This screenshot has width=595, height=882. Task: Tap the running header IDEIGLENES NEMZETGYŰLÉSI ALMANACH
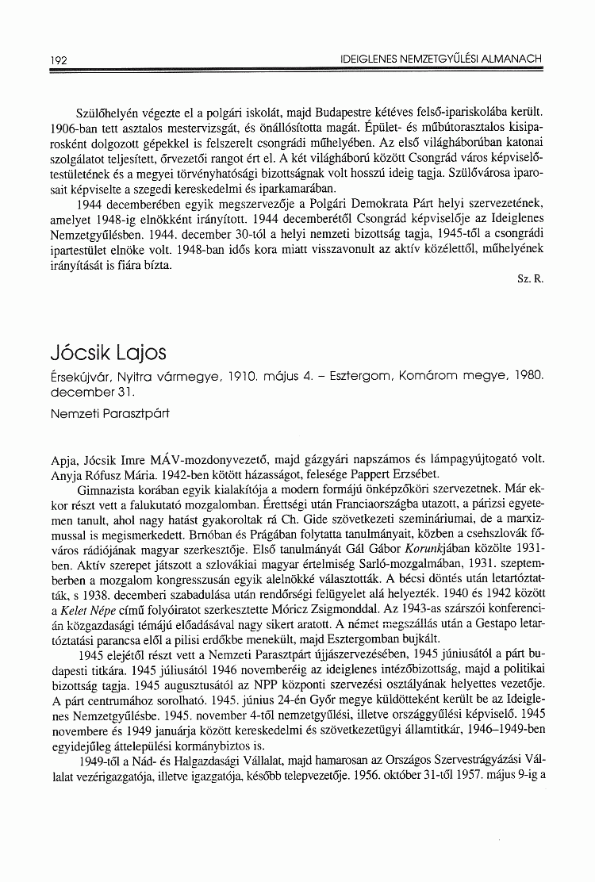pyautogui.click(x=440, y=59)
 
